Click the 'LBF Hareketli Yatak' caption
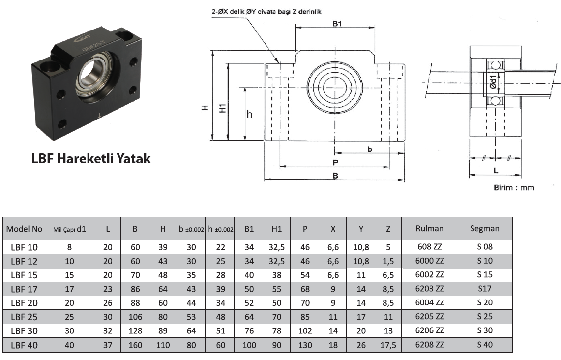coord(90,159)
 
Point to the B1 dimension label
coord(337,24)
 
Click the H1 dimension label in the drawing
coord(222,109)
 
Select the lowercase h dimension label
coord(249,114)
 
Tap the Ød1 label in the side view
coord(494,80)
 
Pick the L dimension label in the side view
coord(495,170)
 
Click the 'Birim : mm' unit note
coord(513,188)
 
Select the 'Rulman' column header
coord(429,228)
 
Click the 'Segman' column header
coord(484,228)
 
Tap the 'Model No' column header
coord(24,229)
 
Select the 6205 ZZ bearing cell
coord(430,317)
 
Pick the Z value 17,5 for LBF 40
coord(388,345)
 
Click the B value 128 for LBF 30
coord(135,331)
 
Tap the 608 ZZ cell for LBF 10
coord(430,247)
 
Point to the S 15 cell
coord(484,275)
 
